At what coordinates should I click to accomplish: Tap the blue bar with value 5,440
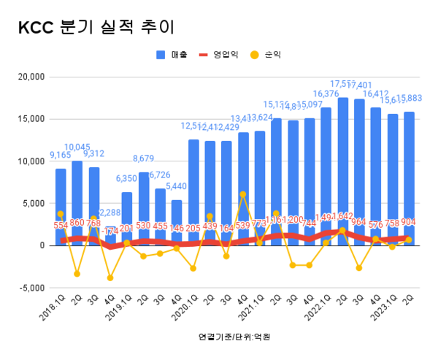[176, 219]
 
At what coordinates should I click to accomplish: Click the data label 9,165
[60, 155]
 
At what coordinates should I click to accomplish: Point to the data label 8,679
[144, 158]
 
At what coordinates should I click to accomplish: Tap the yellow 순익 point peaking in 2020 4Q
[243, 194]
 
